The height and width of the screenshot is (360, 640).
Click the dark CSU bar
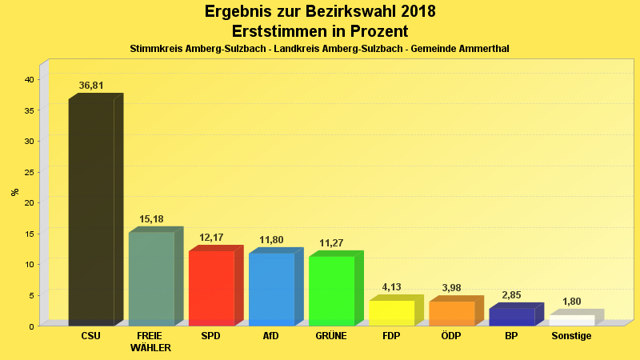pyautogui.click(x=91, y=212)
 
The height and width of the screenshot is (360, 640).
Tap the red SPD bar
pyautogui.click(x=211, y=288)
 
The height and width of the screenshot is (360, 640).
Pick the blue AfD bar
pyautogui.click(x=271, y=289)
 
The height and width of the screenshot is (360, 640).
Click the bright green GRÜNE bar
pyautogui.click(x=331, y=290)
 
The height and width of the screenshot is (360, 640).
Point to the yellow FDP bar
pyautogui.click(x=391, y=313)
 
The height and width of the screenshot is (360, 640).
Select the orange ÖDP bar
pyautogui.click(x=451, y=314)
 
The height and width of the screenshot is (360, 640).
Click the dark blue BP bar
pyautogui.click(x=511, y=317)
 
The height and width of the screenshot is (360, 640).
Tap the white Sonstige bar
pyautogui.click(x=571, y=320)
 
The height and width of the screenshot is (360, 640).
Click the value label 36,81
pyautogui.click(x=91, y=86)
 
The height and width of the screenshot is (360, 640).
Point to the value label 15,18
pyautogui.click(x=151, y=219)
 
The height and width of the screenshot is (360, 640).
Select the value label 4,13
pyautogui.click(x=391, y=287)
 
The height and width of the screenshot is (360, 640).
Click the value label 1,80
pyautogui.click(x=571, y=302)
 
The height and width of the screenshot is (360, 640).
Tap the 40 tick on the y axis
pyautogui.click(x=28, y=79)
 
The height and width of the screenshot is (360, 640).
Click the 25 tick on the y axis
pyautogui.click(x=28, y=172)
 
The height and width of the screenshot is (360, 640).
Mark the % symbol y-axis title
pyautogui.click(x=14, y=192)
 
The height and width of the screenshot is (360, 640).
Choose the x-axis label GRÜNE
pyautogui.click(x=331, y=336)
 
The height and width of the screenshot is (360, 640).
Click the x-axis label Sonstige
pyautogui.click(x=571, y=336)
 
